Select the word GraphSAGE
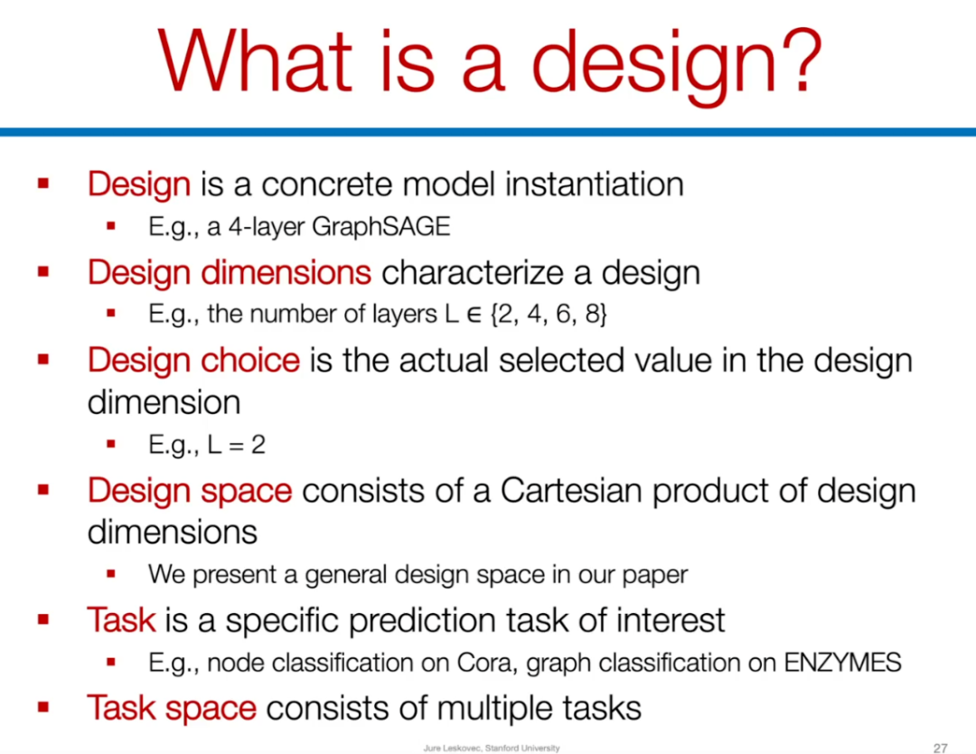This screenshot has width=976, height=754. point(381,227)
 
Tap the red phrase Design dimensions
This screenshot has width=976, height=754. point(229,273)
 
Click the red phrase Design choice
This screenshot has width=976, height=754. point(193,361)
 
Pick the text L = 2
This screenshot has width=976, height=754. point(237,445)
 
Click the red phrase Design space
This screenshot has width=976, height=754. point(190,492)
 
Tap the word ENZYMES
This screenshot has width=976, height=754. point(842,663)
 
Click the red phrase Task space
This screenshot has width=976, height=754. point(171,709)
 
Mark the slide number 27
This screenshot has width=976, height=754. point(940,748)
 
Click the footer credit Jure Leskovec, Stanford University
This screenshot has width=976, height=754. point(491,748)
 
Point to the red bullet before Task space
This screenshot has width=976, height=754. point(43,707)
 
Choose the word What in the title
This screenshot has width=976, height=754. point(255,61)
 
